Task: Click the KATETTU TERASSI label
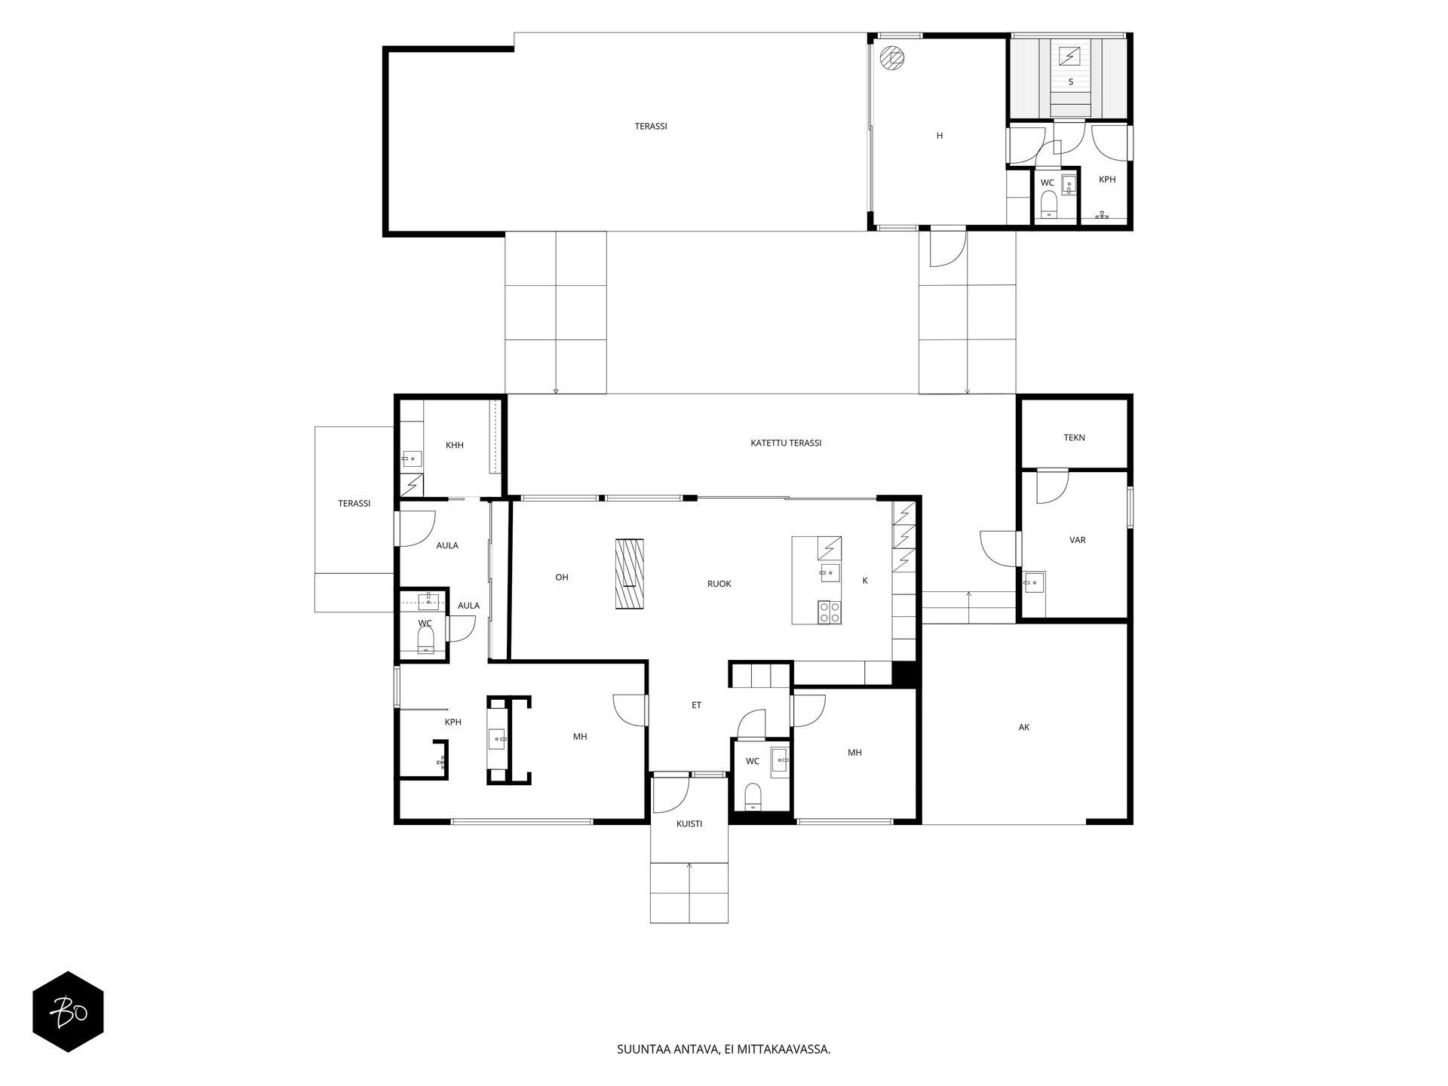[786, 443]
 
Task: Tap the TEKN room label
[1074, 437]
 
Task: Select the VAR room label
[1077, 540]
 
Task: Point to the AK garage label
[1023, 727]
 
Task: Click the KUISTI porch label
[689, 824]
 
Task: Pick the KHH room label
[454, 445]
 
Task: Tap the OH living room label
[562, 578]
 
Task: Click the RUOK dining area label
[719, 584]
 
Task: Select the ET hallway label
[696, 705]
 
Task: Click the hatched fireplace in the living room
[630, 573]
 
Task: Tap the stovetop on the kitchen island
[830, 612]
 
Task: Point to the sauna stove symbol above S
[1070, 56]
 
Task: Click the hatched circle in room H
[893, 58]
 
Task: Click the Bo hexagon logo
[68, 1011]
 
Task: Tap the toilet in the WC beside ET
[753, 796]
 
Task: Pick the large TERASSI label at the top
[651, 127]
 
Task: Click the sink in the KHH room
[412, 458]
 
